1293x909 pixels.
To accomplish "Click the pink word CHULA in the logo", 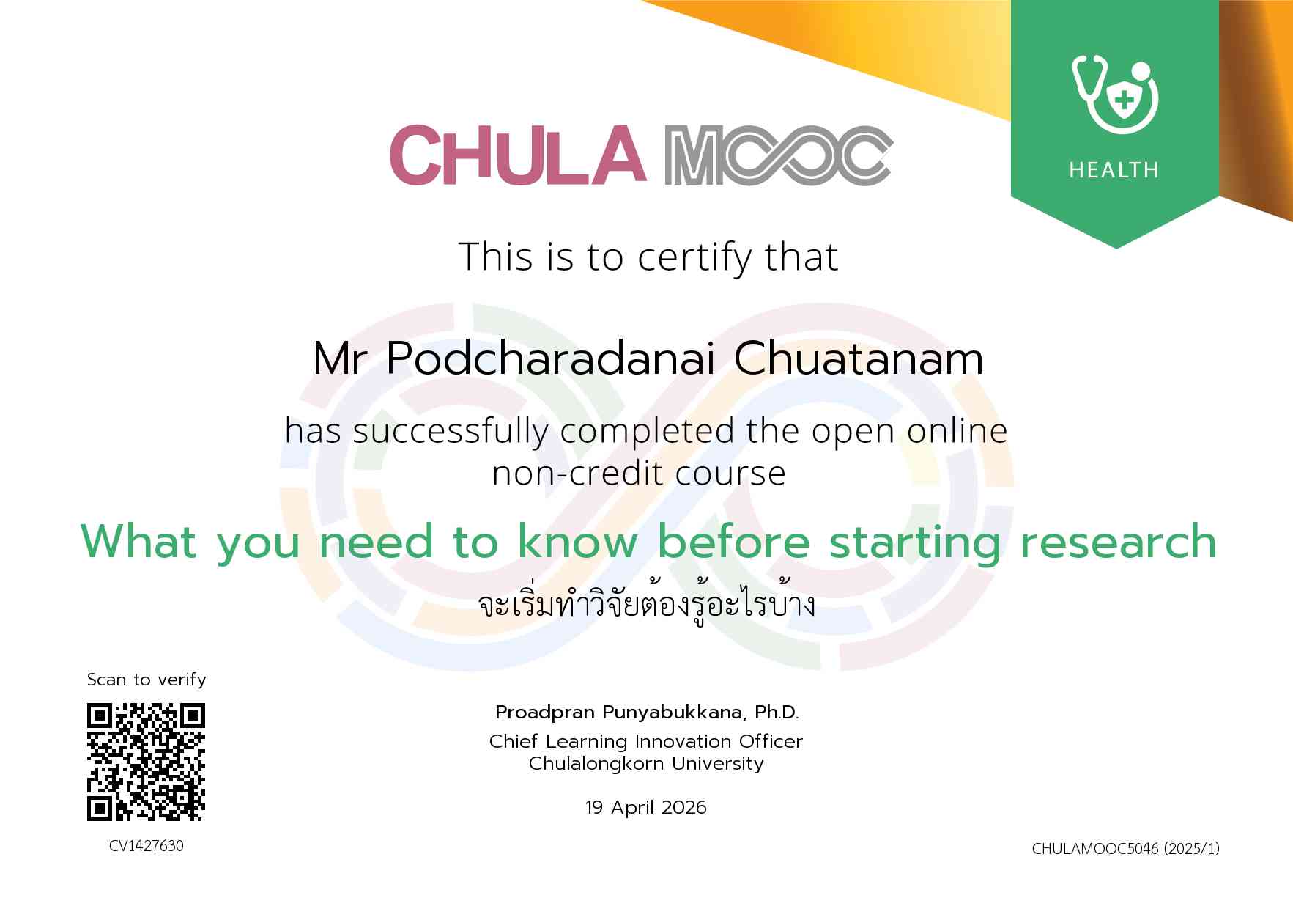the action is pos(518,155).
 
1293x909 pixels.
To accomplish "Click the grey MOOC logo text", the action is pos(778,155).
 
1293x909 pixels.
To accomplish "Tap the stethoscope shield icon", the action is pos(1115,94).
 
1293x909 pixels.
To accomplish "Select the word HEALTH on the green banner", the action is pos(1114,170).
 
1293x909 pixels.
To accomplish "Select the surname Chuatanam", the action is pos(859,358).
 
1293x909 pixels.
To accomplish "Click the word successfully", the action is pos(451,431).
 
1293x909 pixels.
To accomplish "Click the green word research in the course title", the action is pos(1118,542).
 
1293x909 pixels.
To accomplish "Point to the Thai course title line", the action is pos(646,606).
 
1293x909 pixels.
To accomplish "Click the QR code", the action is pos(146,762).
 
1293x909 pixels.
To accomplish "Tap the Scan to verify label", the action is pos(147,680).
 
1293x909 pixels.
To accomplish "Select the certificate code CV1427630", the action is pos(147,846).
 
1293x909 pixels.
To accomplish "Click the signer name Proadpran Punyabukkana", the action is pos(619,713).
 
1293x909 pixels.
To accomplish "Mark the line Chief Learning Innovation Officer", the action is pos(646,741).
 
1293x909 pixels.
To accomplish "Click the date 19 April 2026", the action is pos(646,807).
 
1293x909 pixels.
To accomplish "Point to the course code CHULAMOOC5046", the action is pos(1095,849).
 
